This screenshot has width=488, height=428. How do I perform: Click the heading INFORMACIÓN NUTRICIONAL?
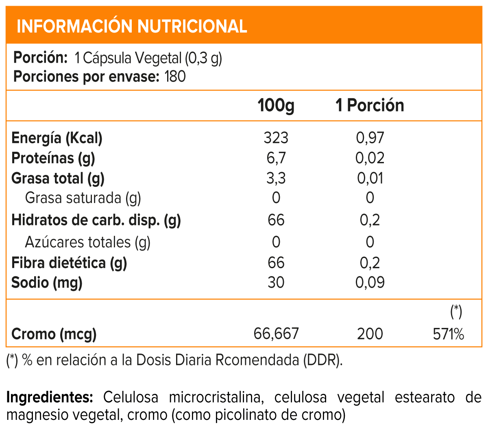click(132, 26)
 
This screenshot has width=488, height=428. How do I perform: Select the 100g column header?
click(276, 105)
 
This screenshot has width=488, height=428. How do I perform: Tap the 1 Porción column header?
click(369, 105)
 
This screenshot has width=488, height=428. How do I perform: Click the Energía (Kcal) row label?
click(57, 138)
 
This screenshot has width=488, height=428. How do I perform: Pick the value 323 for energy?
click(276, 138)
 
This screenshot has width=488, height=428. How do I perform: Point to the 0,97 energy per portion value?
click(370, 138)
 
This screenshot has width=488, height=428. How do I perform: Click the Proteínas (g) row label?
click(53, 158)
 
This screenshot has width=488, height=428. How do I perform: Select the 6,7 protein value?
click(276, 158)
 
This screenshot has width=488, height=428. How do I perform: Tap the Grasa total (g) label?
click(58, 178)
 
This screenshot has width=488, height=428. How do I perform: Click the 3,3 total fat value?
click(276, 178)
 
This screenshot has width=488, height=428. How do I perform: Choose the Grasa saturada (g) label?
click(83, 198)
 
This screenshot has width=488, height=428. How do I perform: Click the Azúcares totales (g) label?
click(88, 242)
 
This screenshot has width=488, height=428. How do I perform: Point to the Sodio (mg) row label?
click(47, 282)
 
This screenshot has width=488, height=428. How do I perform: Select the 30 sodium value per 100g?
click(276, 282)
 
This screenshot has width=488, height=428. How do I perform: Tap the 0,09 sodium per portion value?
click(370, 282)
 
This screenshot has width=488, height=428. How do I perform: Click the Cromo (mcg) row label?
click(54, 334)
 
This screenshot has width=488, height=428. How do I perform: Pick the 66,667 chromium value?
click(276, 334)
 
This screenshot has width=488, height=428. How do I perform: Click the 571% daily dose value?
click(448, 334)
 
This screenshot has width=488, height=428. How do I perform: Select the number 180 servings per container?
click(175, 76)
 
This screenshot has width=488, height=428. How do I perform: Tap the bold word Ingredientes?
click(50, 397)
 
